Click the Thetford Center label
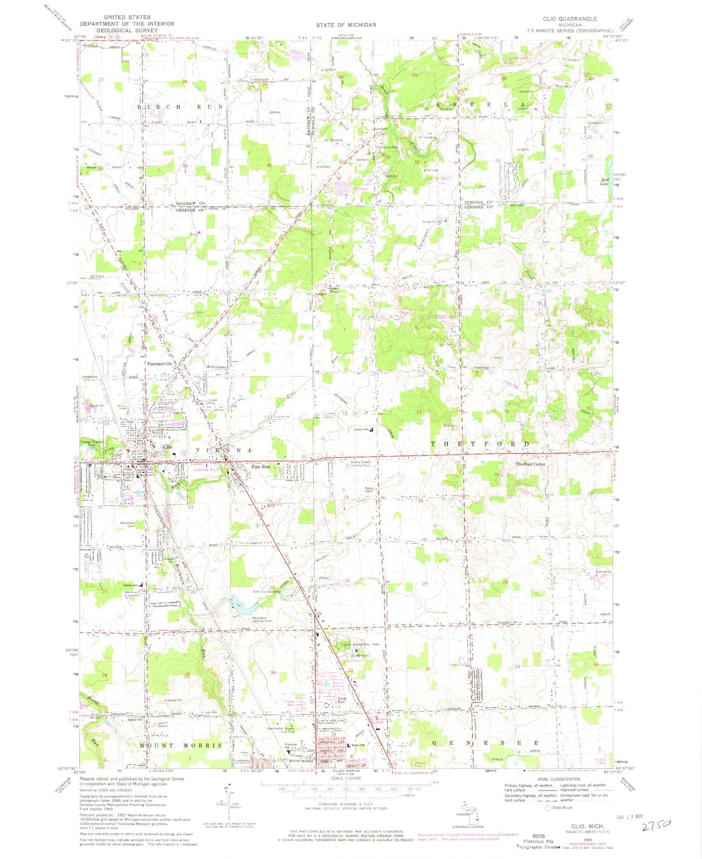(530, 464)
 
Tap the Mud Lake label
(604, 182)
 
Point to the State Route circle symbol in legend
(548, 808)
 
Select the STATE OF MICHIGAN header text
(345, 25)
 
